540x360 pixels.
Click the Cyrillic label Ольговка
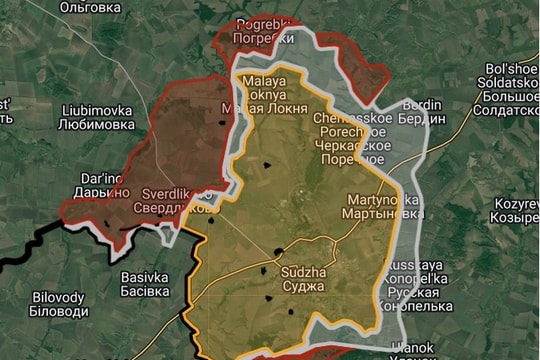(x=91, y=7)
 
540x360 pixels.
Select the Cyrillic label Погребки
(x=263, y=38)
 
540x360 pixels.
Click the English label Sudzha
(x=304, y=271)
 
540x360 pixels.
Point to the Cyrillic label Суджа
(x=304, y=286)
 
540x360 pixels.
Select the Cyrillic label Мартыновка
(x=382, y=214)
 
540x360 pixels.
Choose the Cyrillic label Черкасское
(x=349, y=144)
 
